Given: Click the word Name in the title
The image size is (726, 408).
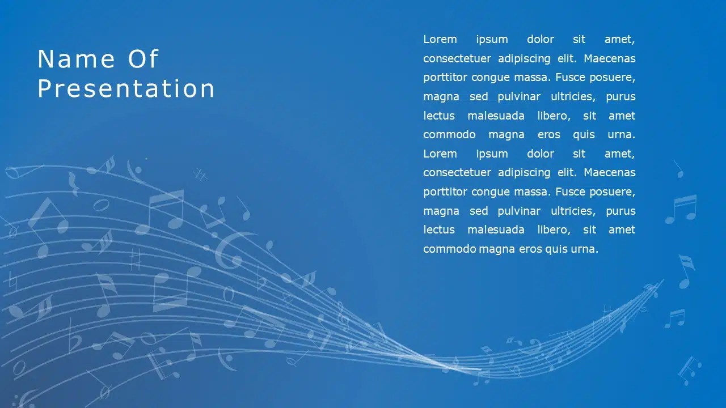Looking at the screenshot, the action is (76, 59).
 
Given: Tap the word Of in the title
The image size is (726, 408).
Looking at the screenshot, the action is (143, 59).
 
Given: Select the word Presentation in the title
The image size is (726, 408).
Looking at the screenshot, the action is (126, 88).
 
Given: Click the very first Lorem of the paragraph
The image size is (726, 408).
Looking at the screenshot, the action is (440, 39).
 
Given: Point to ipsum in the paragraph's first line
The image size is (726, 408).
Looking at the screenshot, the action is (492, 40).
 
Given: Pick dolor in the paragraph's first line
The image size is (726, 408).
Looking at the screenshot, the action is (541, 39).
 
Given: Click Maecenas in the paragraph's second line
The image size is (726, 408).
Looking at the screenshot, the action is (609, 58).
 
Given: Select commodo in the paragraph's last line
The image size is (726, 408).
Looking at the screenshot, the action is (449, 249).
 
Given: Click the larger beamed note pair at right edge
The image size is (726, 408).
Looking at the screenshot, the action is (681, 209).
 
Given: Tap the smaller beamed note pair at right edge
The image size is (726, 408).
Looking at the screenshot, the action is (675, 318).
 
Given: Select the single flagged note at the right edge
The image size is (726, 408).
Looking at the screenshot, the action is (686, 271).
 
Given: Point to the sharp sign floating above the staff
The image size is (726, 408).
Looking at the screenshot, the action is (201, 175).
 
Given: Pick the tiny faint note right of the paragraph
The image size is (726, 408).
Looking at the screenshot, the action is (679, 169).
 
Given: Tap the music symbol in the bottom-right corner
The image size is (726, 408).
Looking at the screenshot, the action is (690, 371).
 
